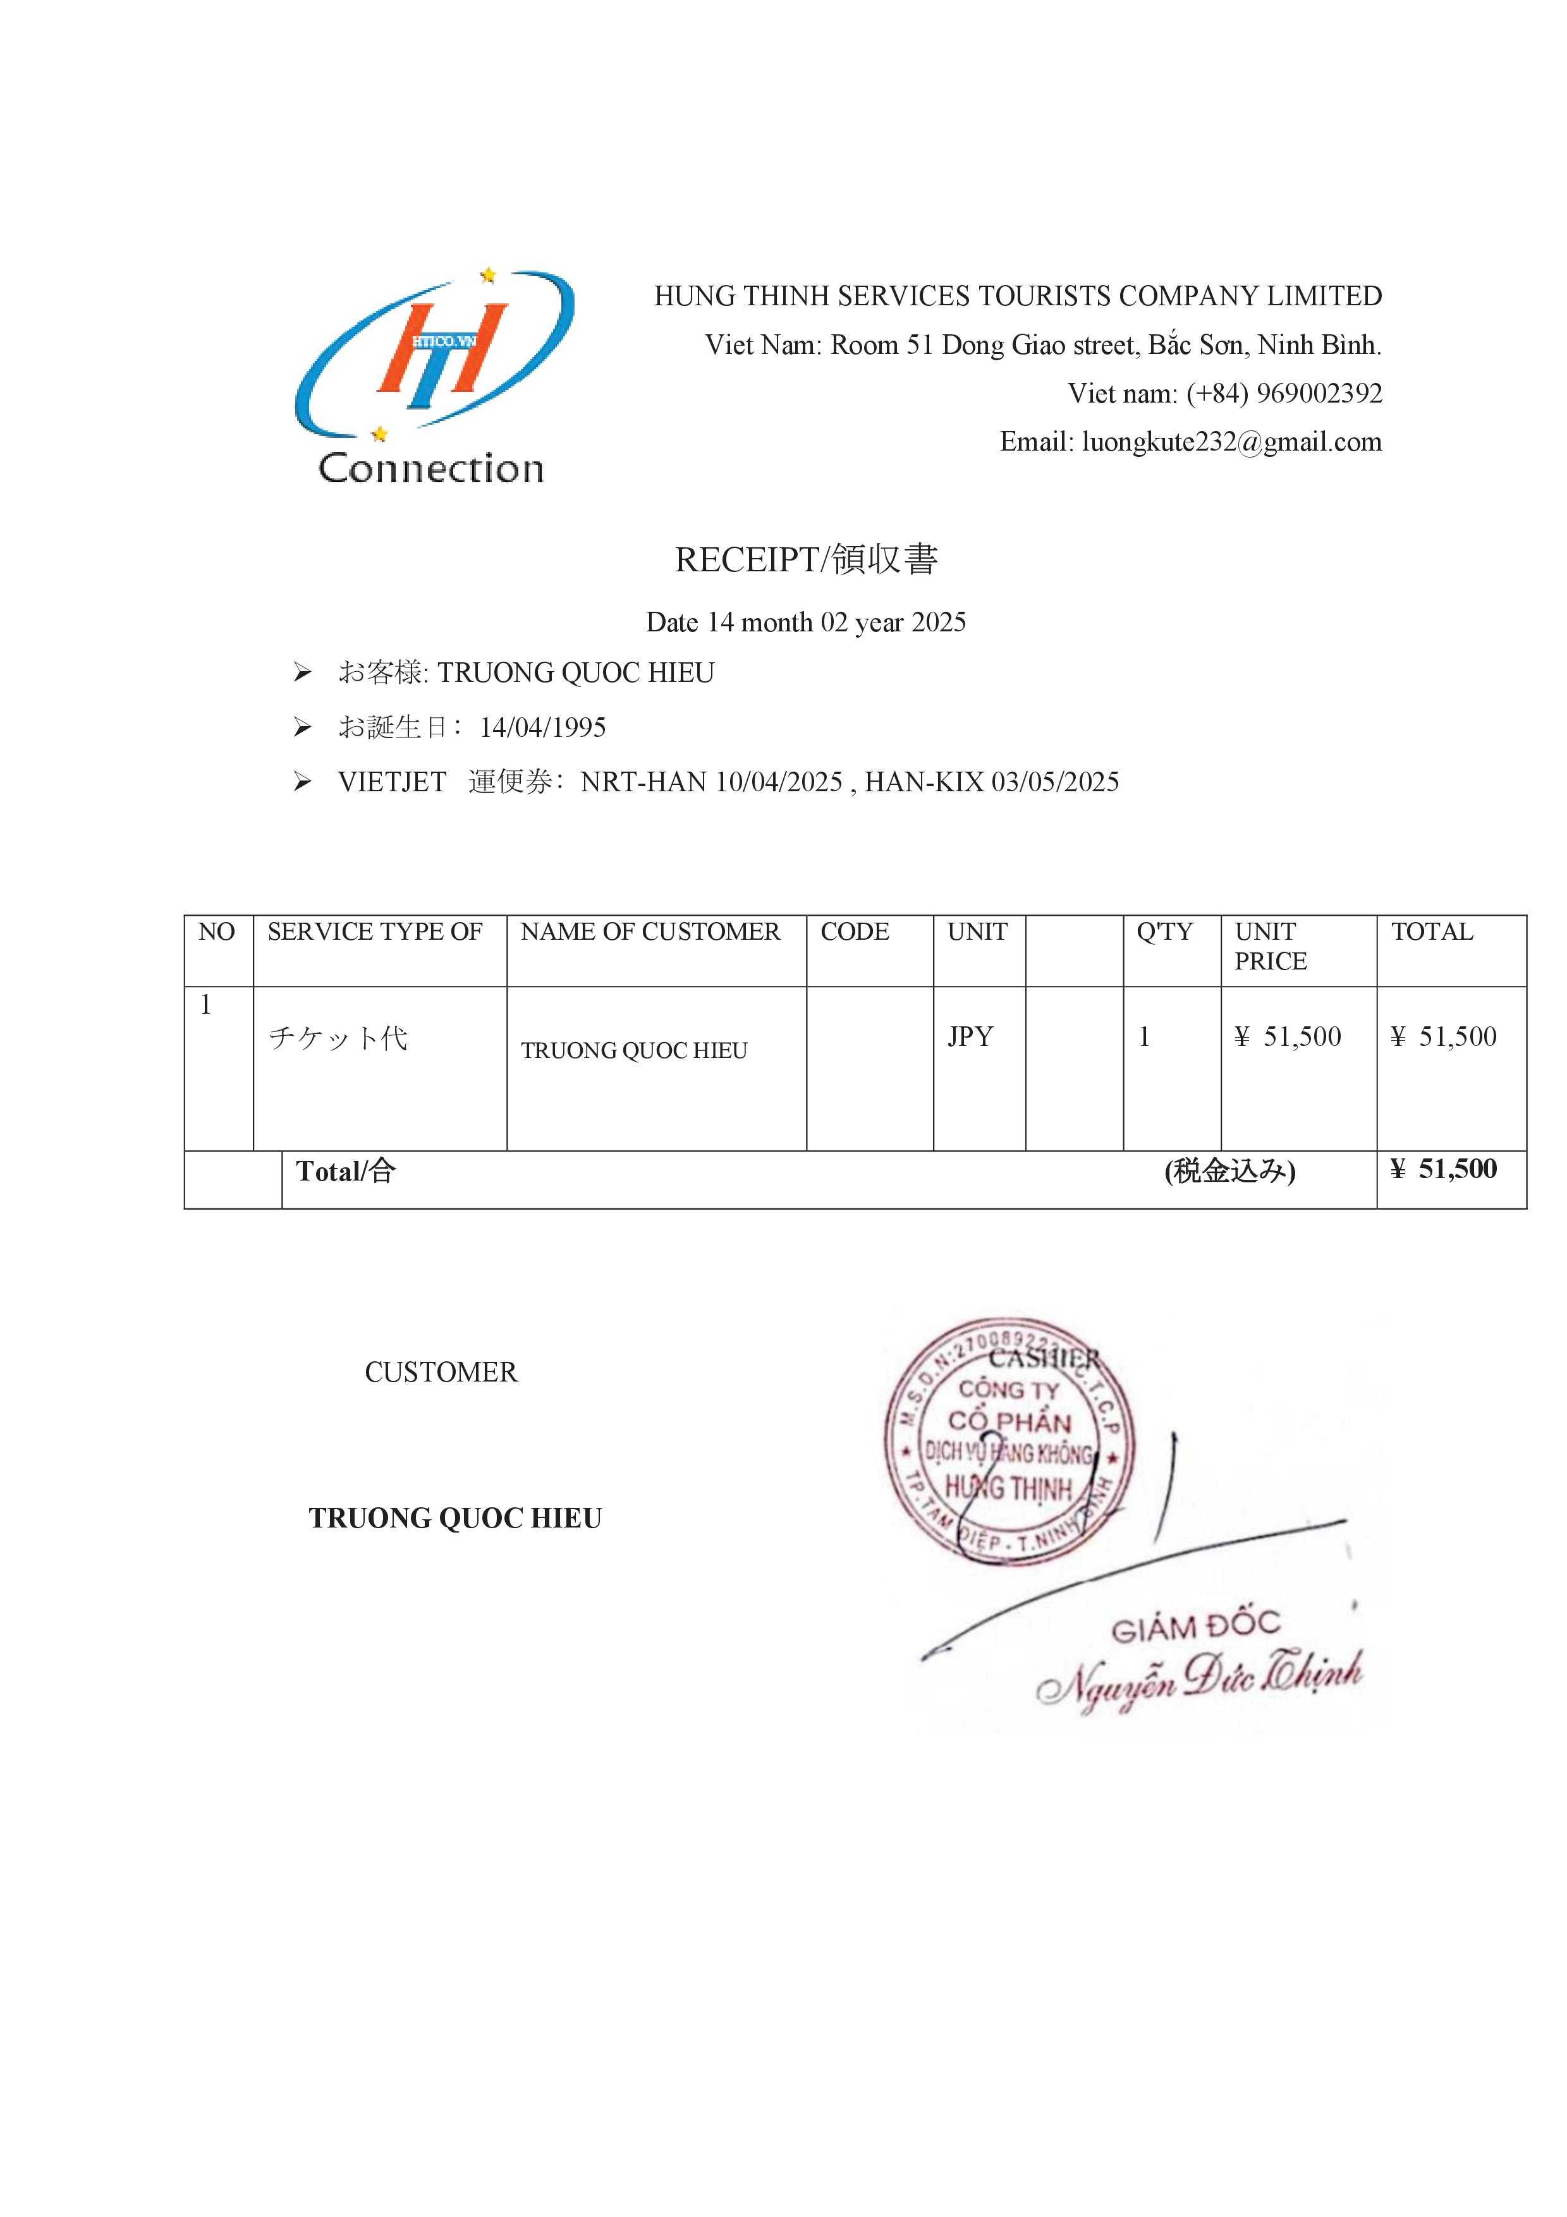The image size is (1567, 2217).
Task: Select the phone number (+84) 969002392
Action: (x=1284, y=394)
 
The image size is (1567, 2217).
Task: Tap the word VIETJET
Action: (x=392, y=782)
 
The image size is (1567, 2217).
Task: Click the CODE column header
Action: (x=855, y=932)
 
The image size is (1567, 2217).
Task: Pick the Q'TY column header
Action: (x=1164, y=932)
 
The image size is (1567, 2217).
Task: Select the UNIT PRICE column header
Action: (x=1271, y=946)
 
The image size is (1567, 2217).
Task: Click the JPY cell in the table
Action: (x=970, y=1037)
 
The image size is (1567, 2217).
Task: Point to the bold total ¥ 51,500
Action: (x=1443, y=1169)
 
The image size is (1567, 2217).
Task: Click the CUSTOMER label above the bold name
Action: (x=441, y=1372)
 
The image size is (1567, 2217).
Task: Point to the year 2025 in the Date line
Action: (x=939, y=623)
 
